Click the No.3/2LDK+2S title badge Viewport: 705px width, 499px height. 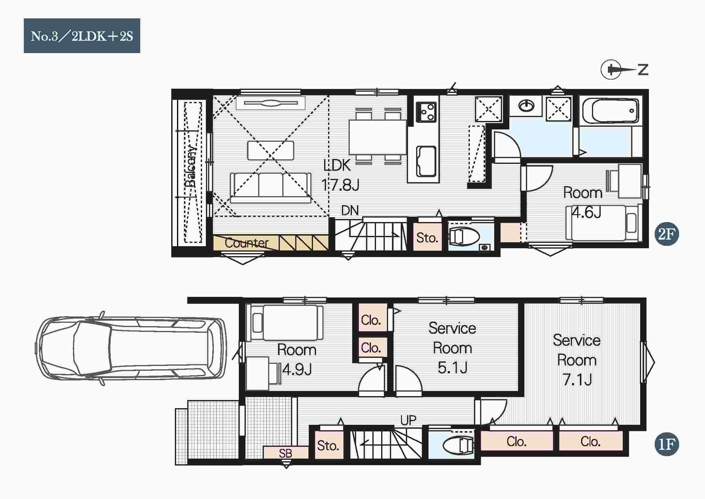point(82,36)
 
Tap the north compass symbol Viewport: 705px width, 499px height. point(624,70)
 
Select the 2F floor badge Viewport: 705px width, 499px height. point(667,234)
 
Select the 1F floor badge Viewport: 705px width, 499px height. point(667,444)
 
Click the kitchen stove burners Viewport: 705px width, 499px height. point(426,112)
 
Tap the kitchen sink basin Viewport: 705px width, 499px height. point(426,161)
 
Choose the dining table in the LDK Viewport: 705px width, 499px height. point(378,137)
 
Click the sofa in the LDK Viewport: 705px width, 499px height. point(270,187)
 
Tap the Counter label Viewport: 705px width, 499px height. point(247,243)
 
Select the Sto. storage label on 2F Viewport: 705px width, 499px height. point(427,238)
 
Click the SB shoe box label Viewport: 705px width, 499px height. point(286,453)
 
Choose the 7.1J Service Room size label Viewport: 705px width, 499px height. point(577,380)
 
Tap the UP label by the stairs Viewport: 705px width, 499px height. point(408,420)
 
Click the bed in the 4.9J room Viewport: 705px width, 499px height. point(287,323)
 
